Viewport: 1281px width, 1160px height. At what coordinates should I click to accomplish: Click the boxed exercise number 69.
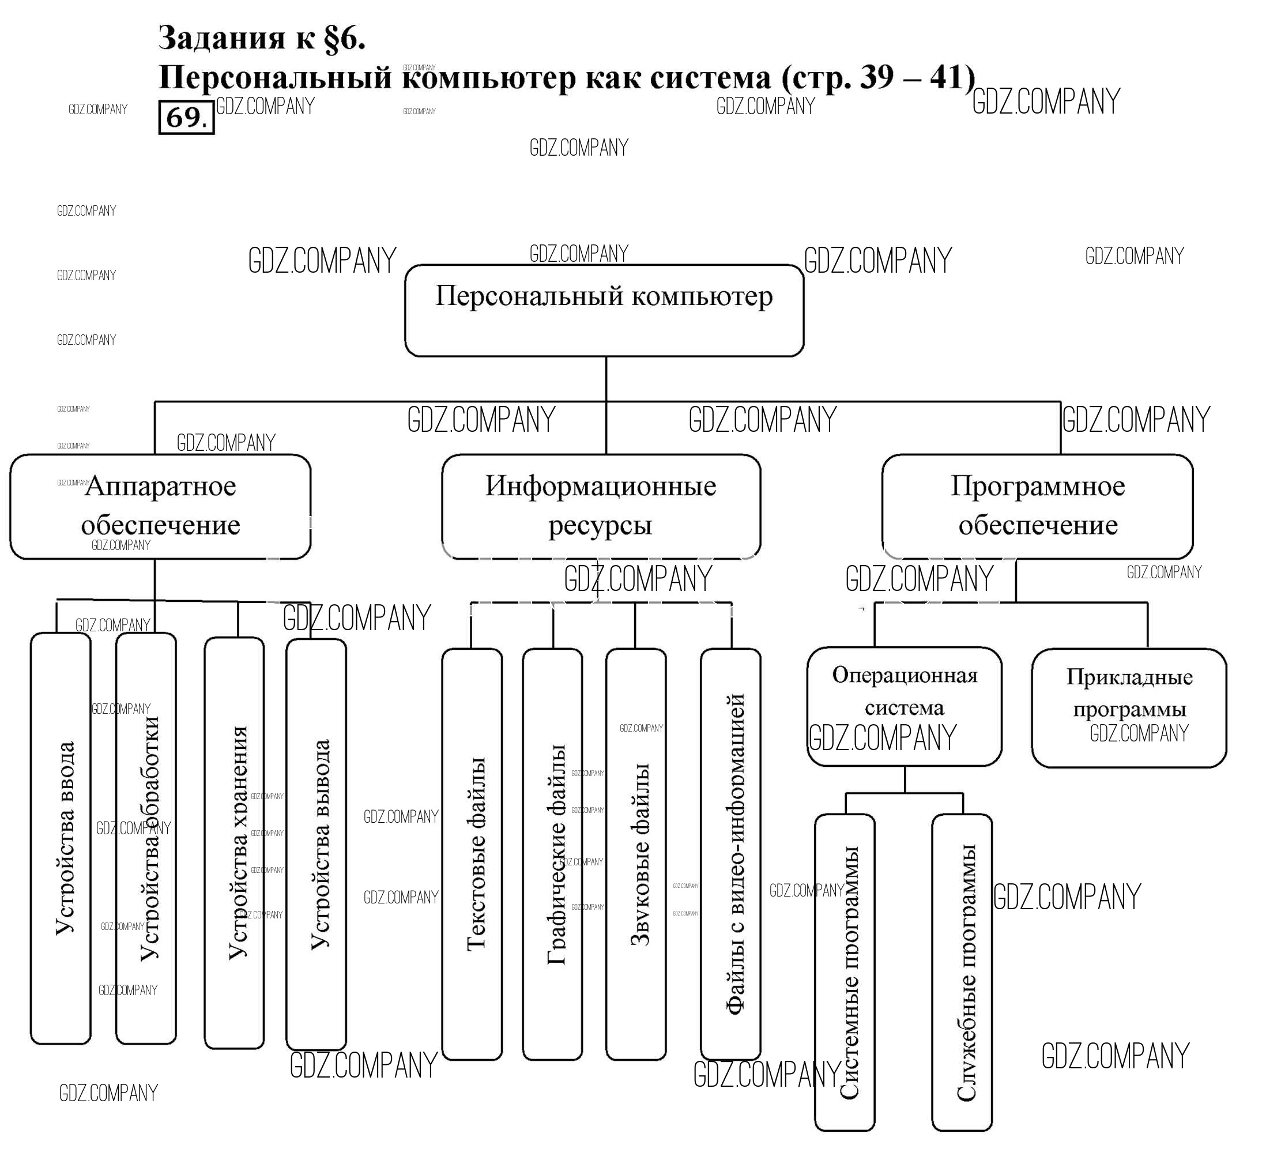coord(186,118)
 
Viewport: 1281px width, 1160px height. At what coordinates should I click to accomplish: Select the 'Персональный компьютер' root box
coord(604,311)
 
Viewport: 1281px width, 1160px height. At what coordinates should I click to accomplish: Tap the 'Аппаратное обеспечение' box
coord(160,507)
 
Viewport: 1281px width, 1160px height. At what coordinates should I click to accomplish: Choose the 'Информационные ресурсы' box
coord(601,507)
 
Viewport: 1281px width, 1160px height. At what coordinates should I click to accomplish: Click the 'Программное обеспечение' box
coord(1038,507)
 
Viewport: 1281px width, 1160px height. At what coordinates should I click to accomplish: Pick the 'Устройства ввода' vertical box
coord(61,839)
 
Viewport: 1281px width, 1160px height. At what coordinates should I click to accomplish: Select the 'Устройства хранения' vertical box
coord(235,842)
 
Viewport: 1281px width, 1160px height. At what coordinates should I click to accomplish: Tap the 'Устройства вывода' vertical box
coord(317,845)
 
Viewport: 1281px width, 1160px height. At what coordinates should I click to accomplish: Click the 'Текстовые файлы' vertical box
coord(472,855)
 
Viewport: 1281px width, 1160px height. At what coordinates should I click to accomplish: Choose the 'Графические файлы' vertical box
coord(553,855)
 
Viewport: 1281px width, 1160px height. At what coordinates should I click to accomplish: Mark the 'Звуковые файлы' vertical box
coord(636,855)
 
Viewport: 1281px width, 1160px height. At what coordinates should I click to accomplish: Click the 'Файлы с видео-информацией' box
coord(731,855)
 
